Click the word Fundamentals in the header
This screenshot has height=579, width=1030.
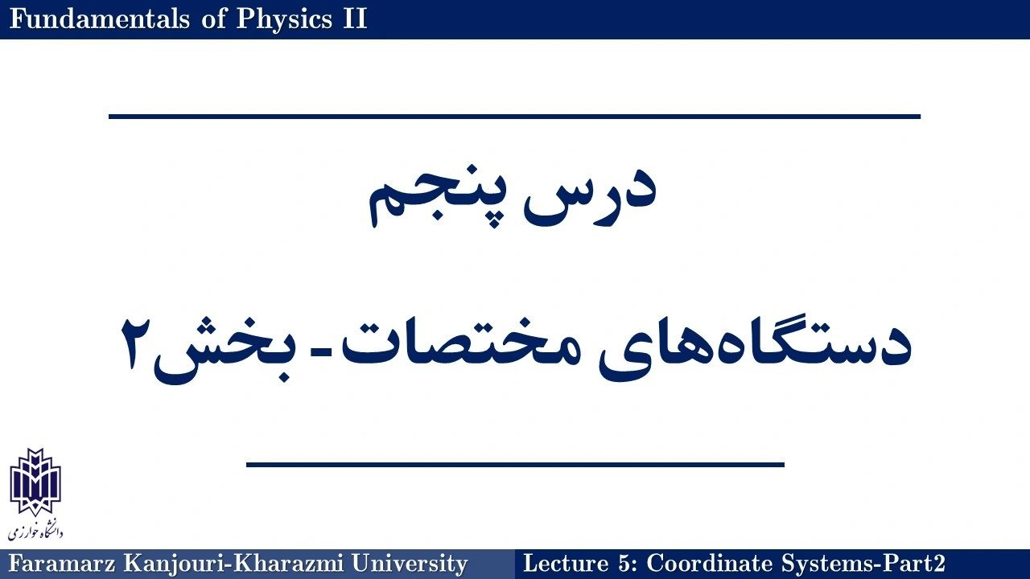pyautogui.click(x=99, y=18)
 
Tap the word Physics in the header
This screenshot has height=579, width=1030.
pyautogui.click(x=284, y=20)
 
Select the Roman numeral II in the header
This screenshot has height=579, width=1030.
pyautogui.click(x=355, y=18)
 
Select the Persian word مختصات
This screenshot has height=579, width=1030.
pyautogui.click(x=460, y=343)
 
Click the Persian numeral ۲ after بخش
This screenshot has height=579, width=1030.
pyautogui.click(x=136, y=343)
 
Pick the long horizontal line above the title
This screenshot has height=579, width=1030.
pyautogui.click(x=514, y=117)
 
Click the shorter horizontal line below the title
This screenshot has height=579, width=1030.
pyautogui.click(x=515, y=465)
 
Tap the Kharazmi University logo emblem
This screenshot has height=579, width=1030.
pyautogui.click(x=35, y=482)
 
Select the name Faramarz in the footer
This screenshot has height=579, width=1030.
pyautogui.click(x=62, y=564)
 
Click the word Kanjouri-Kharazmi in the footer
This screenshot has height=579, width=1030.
pyautogui.click(x=233, y=565)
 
